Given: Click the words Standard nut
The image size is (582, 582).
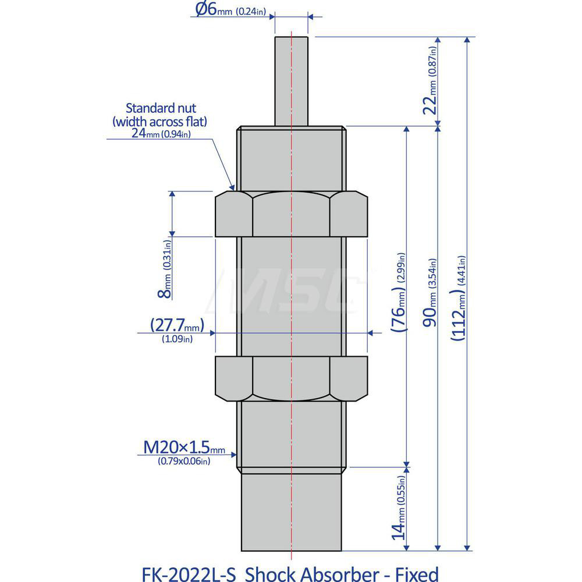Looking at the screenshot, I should click(161, 108).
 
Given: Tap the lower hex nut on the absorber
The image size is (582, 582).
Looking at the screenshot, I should click(291, 378).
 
